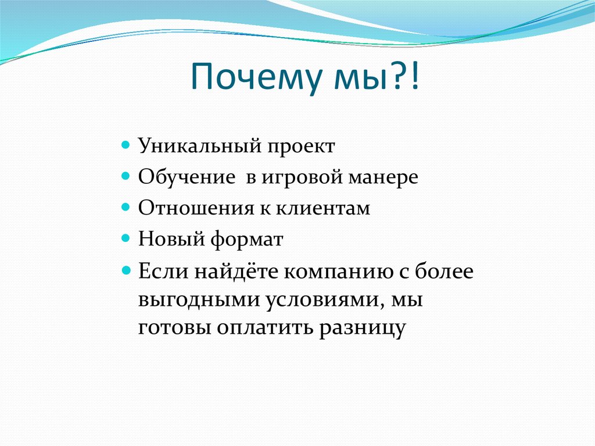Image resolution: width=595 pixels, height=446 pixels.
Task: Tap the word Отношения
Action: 189,208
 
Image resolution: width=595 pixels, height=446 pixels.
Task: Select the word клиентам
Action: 328,208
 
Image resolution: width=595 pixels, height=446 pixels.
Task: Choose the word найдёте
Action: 231,272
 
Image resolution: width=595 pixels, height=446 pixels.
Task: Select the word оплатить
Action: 265,327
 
